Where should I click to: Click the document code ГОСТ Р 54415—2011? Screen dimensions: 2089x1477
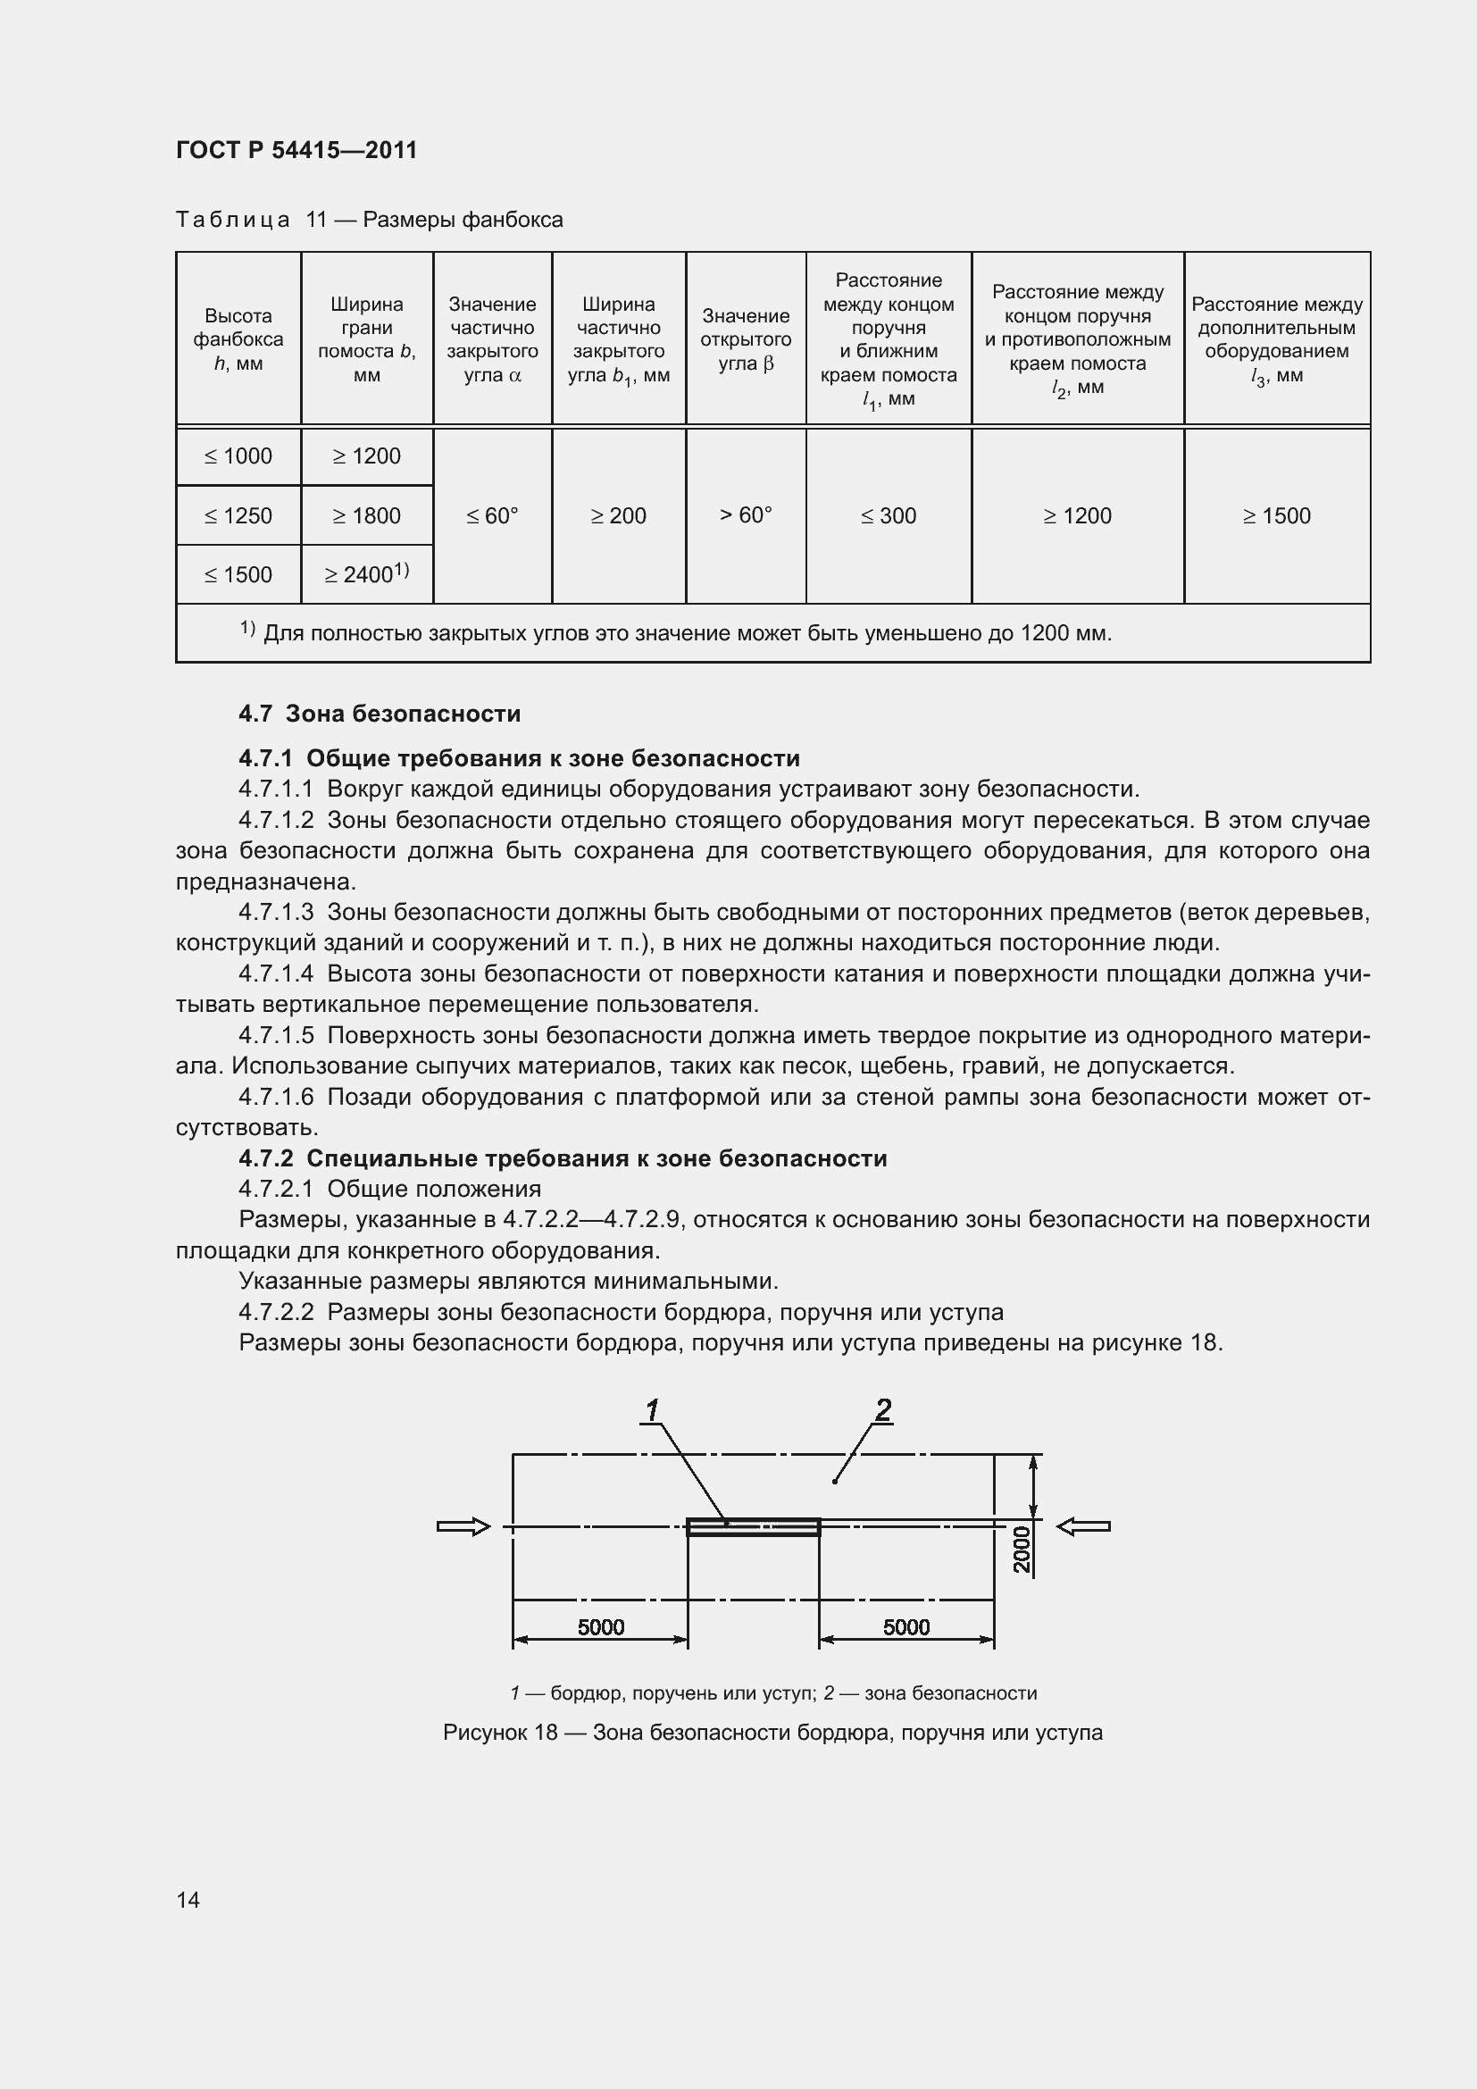coord(296,150)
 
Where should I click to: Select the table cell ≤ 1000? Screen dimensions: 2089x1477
coord(238,456)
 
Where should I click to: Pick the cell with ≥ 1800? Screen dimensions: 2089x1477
coord(366,516)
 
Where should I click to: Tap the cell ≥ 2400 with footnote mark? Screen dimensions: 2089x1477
coord(366,574)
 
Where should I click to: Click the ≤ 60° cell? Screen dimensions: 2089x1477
coord(492,516)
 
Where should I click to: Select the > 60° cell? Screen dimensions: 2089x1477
coord(746,515)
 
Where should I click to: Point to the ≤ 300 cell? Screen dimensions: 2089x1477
coord(889,516)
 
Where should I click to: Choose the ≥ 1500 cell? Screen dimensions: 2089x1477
coord(1277,516)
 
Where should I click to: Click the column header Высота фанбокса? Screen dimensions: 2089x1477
coord(238,339)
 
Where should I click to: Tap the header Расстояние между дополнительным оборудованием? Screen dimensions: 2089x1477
coord(1277,339)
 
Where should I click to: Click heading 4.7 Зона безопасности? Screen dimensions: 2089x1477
coord(380,714)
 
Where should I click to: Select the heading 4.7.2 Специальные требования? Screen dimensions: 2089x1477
coord(562,1158)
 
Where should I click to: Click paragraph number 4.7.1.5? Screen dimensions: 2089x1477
coord(277,1035)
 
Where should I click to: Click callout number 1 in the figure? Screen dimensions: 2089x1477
coord(652,1410)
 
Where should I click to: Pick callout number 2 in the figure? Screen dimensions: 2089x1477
coord(883,1409)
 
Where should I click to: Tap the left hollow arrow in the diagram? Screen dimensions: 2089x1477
coord(463,1526)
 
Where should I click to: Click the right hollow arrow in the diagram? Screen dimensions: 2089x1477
coord(1084,1526)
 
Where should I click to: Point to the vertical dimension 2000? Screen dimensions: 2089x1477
coord(1022,1549)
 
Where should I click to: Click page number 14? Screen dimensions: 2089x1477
coord(188,1900)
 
